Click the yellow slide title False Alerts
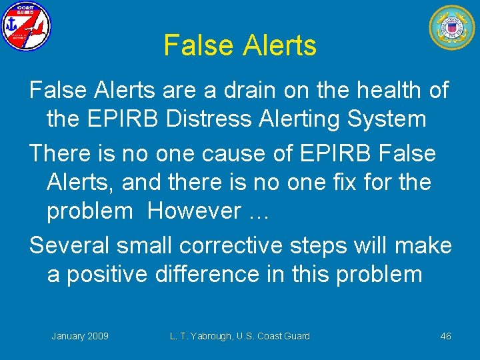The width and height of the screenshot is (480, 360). point(239,46)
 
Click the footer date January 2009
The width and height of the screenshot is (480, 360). point(80,336)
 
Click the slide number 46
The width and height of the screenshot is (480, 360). point(445,336)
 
